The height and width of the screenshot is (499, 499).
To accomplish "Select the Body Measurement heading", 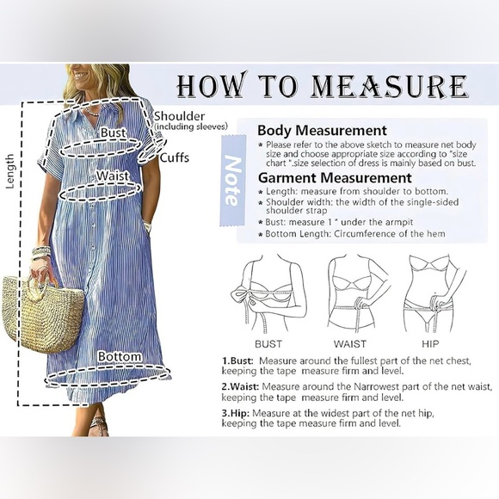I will (x=323, y=130).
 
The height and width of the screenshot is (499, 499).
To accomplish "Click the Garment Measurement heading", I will (x=334, y=177).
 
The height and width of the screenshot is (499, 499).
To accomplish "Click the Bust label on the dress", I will (x=113, y=133).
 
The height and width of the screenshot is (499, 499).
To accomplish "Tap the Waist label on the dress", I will (x=113, y=176).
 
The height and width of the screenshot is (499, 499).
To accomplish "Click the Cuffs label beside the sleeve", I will (x=176, y=157).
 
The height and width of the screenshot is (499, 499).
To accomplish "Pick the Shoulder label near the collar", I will (x=180, y=116).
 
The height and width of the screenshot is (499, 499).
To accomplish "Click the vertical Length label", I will (x=10, y=172).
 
